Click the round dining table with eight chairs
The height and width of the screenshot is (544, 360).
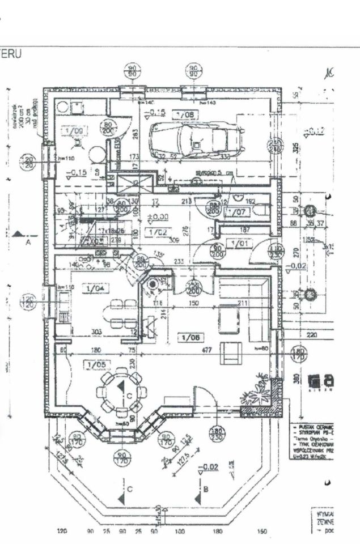click(x=120, y=392)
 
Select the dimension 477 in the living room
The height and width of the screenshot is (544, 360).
click(x=207, y=351)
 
